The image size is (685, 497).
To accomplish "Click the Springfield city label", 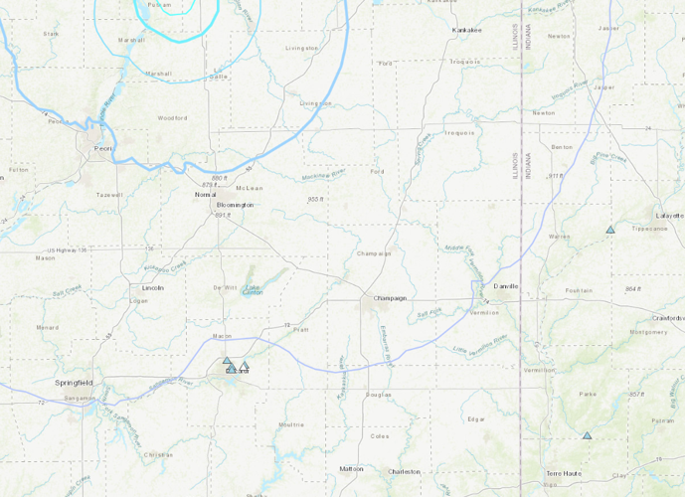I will (x=74, y=382).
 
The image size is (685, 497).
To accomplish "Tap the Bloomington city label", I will (x=236, y=205).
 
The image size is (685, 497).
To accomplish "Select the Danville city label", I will (x=506, y=286).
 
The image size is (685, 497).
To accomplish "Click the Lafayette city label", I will (x=670, y=215).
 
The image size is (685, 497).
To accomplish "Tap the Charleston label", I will (x=405, y=471).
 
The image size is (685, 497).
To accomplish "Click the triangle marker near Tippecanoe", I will (x=610, y=230).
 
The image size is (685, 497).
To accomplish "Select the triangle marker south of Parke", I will (x=588, y=435).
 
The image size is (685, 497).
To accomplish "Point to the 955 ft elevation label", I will (x=316, y=199).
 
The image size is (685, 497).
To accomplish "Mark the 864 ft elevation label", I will (x=633, y=288).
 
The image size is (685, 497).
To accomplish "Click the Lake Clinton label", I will (x=254, y=290).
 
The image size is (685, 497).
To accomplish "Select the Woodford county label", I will (x=172, y=118).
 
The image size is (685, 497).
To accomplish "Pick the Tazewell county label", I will (x=109, y=195).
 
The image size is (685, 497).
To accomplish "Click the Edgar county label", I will (x=476, y=419).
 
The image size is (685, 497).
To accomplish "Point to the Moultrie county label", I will (x=291, y=424).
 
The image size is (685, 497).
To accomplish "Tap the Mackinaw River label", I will (x=324, y=175).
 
